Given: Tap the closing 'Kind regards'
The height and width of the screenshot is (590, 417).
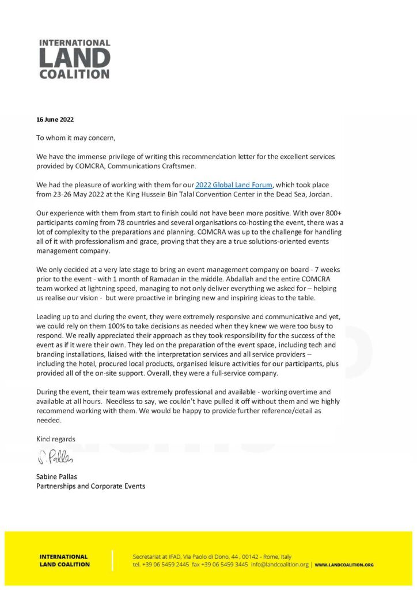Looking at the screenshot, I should pos(56,438).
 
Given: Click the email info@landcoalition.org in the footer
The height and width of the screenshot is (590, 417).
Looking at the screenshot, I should pos(280,565).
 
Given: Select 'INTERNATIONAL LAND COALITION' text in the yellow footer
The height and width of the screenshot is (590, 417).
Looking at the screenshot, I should pos(65,561).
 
